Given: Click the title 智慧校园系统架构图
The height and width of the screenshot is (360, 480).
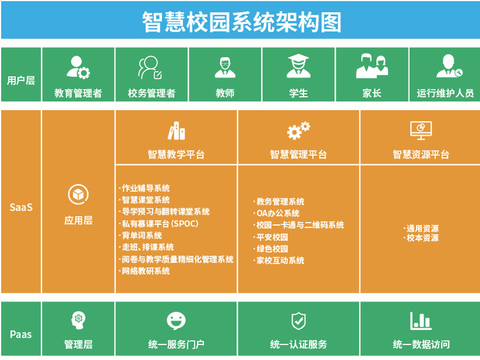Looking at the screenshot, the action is [x=242, y=22].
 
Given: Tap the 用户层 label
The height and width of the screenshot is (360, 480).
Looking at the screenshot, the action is [x=21, y=80].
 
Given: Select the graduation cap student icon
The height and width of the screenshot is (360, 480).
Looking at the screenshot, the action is [x=298, y=65].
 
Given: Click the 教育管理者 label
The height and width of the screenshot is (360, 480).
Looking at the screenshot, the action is [x=78, y=93].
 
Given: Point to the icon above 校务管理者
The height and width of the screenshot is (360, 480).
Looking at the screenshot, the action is [x=150, y=67].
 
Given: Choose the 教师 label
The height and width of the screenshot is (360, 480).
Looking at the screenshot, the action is [x=225, y=93].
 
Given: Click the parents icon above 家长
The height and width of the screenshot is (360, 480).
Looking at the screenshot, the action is [x=372, y=66].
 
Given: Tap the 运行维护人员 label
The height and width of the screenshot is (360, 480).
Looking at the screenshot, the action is [x=445, y=93].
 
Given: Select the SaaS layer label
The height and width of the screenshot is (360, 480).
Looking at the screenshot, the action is [x=21, y=208].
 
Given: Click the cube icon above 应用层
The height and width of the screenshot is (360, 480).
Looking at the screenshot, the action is [x=79, y=194].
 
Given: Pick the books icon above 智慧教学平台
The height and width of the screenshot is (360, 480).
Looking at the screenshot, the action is [x=176, y=131].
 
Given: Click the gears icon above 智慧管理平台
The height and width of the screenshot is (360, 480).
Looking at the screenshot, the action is [x=298, y=131].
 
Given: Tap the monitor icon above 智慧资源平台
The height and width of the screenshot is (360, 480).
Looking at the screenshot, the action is [x=421, y=130].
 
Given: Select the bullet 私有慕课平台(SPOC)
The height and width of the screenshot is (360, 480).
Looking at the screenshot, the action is [x=158, y=224].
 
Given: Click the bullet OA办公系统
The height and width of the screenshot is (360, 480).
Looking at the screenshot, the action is [x=277, y=214].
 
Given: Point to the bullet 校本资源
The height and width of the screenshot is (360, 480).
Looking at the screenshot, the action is [x=421, y=238].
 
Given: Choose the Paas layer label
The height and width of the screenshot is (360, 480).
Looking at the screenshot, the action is [x=21, y=335].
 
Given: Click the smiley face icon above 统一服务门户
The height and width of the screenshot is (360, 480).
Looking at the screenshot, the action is [x=176, y=321].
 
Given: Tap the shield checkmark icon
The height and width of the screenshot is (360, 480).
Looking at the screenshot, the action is [x=298, y=321].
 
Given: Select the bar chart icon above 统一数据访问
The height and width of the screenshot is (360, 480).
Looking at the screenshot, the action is [x=421, y=321].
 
